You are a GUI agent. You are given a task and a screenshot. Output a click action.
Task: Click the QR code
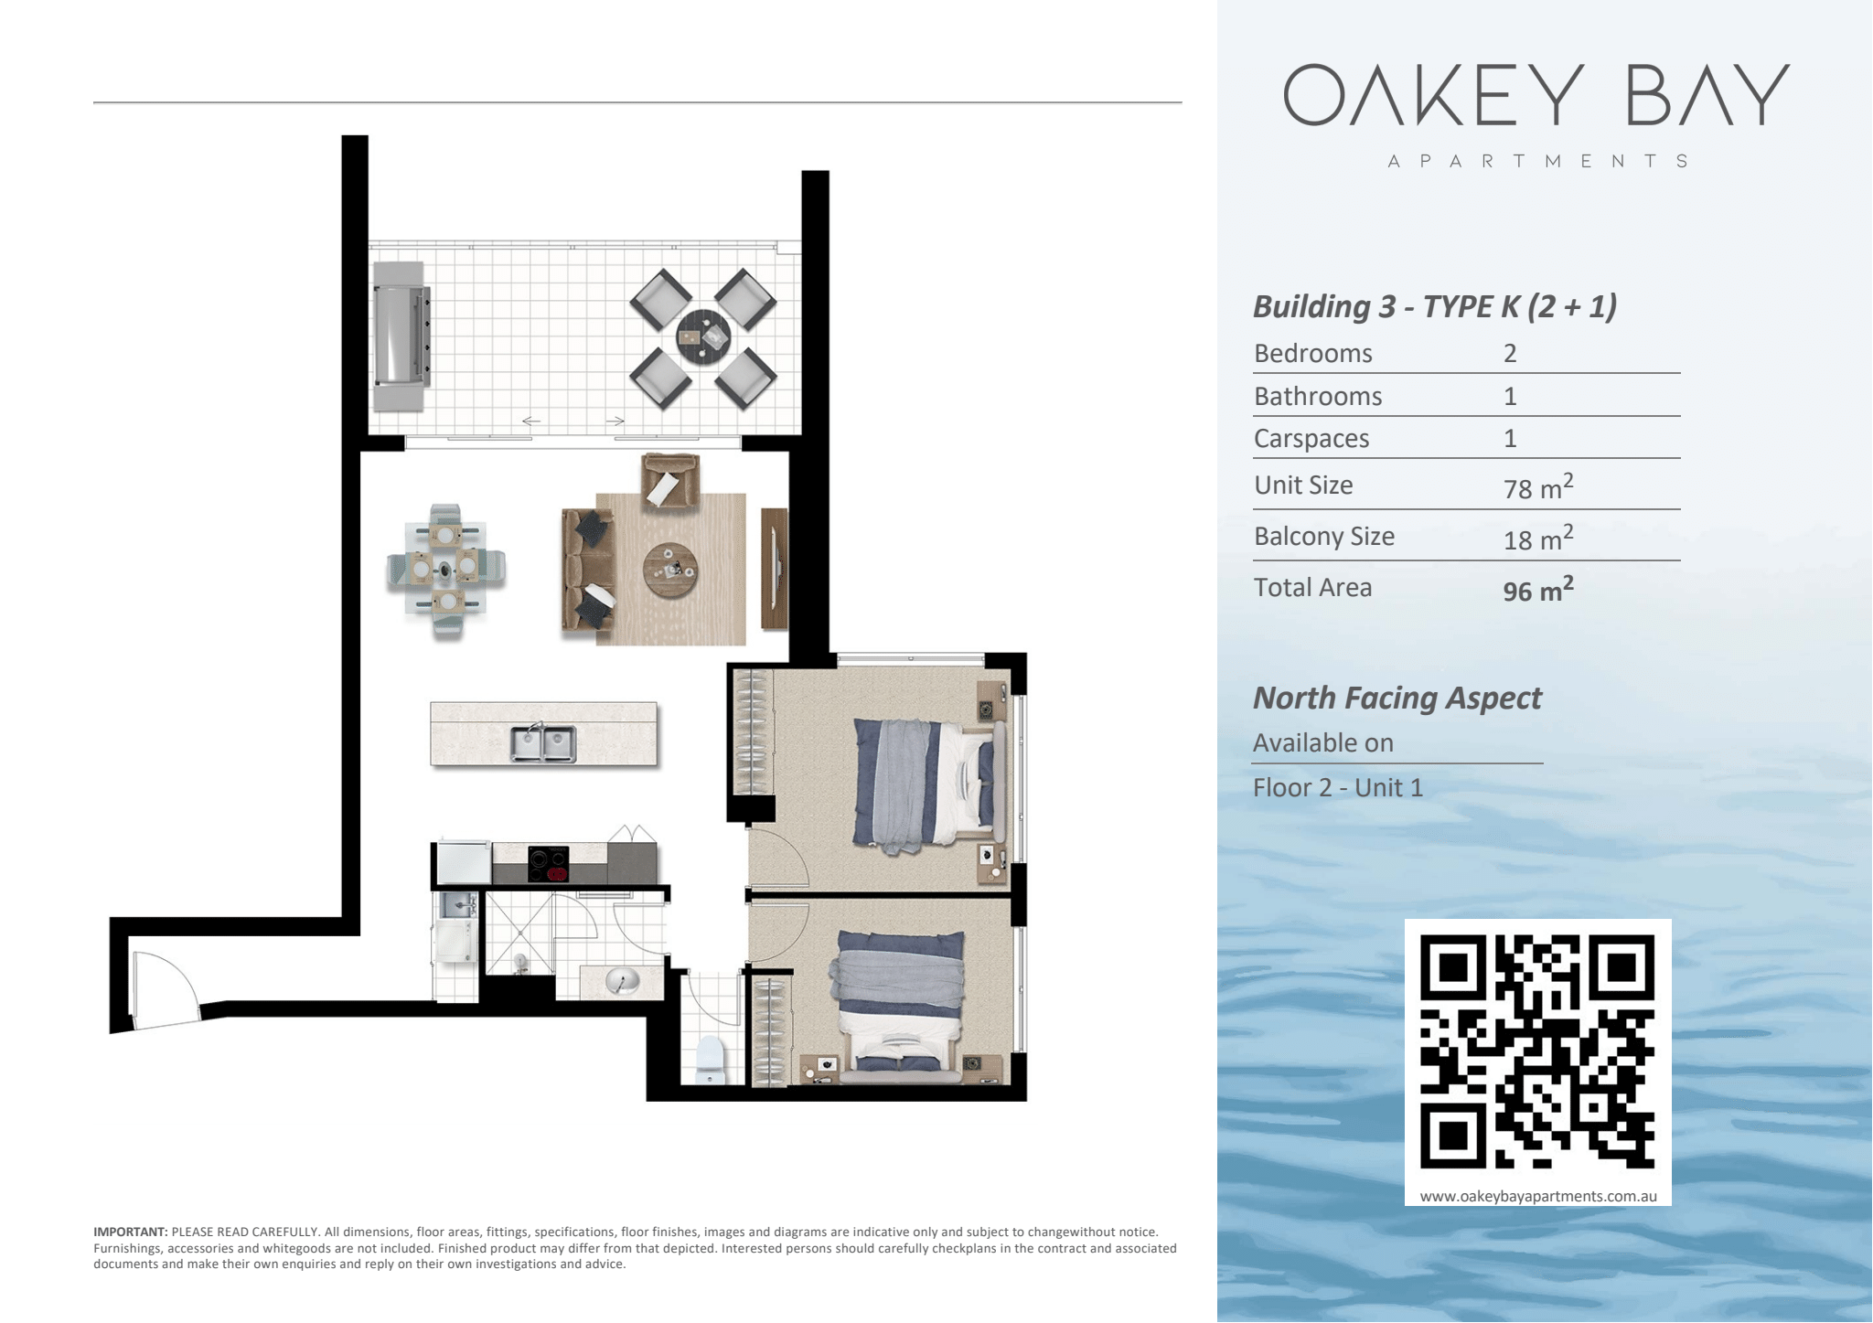1536,1051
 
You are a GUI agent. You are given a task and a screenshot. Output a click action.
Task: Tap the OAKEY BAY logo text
1536,94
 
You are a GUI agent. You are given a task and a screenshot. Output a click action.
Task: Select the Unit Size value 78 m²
1538,486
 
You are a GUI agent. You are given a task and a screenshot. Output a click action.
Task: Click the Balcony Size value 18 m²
1538,538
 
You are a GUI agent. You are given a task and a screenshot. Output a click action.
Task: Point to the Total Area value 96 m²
1538,589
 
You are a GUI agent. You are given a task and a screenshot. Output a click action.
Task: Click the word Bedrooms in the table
1313,354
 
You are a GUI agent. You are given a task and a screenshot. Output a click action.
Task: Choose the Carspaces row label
1311,439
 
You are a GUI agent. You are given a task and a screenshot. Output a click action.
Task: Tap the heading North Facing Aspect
1397,699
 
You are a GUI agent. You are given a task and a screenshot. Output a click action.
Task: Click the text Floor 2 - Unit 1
1338,787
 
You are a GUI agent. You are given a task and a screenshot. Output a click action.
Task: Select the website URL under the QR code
1538,1196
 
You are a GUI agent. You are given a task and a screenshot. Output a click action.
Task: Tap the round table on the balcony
703,337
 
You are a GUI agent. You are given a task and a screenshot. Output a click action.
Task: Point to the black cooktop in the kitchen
549,864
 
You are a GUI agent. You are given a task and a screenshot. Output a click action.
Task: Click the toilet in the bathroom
710,1060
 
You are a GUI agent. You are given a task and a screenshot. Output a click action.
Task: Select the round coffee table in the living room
670,571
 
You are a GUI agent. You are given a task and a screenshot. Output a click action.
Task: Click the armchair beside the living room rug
670,481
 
